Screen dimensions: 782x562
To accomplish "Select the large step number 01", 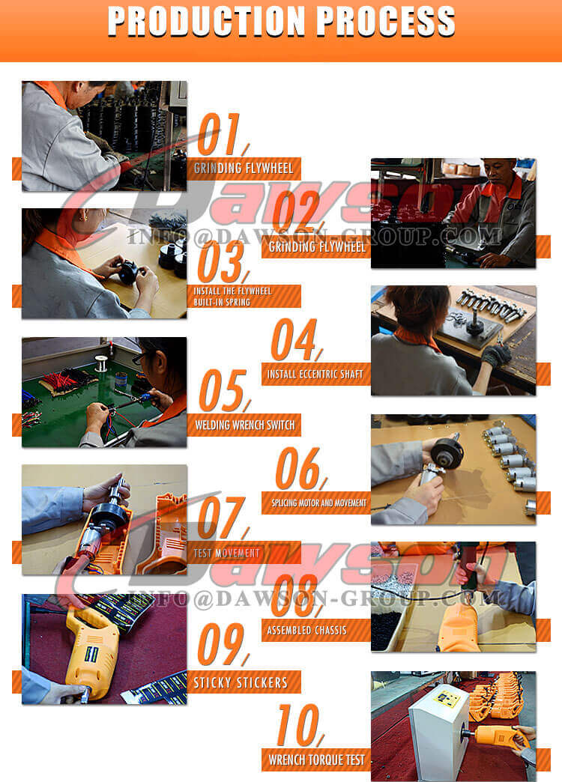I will [x=220, y=136].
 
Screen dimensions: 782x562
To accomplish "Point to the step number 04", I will [x=294, y=341].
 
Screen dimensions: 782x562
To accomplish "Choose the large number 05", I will [x=222, y=391].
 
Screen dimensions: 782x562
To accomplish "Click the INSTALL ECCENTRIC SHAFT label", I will [x=315, y=374].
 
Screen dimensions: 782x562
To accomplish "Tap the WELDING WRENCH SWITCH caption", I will [x=244, y=425].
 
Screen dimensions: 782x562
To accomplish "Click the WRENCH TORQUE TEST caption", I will [x=316, y=760].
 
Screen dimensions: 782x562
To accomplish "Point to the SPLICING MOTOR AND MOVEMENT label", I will [x=315, y=503].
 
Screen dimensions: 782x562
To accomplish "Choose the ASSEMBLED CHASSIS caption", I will [x=307, y=630].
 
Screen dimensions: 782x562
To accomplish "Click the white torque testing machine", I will [x=438, y=722].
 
